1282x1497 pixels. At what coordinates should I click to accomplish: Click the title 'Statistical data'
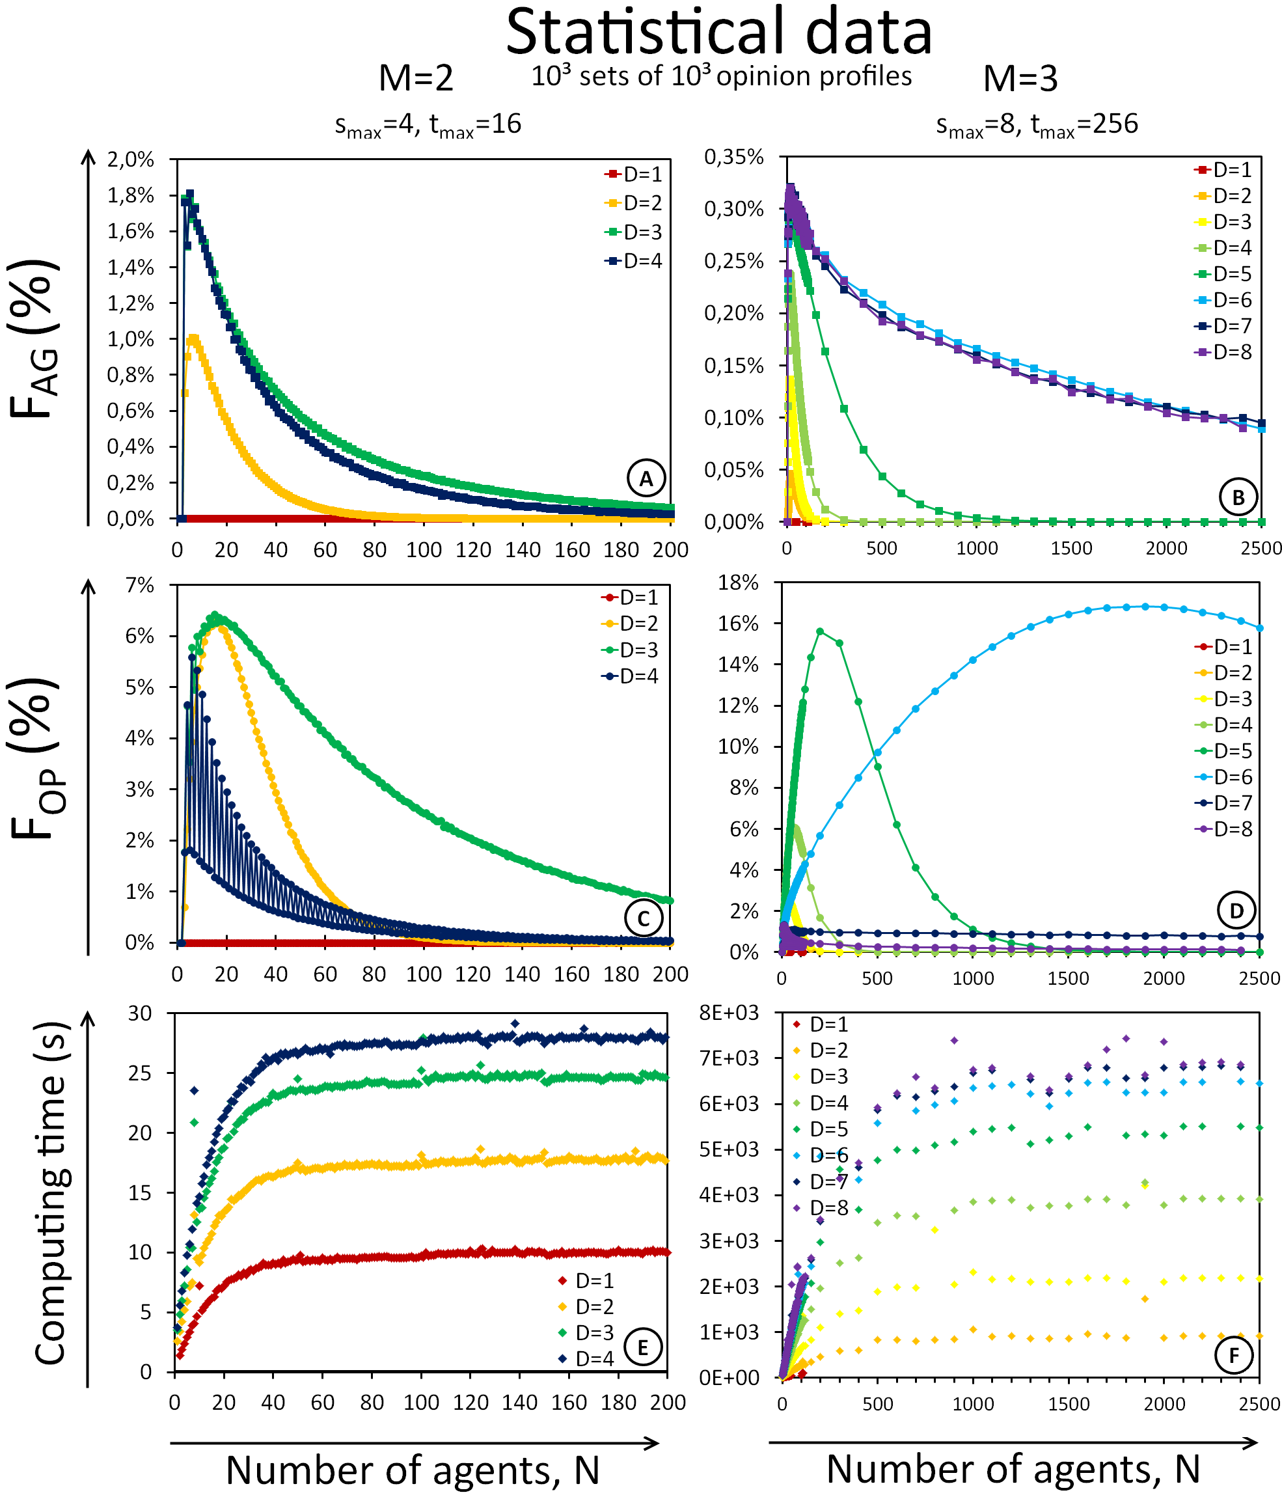tap(718, 33)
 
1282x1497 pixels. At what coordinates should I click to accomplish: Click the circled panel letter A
tap(646, 478)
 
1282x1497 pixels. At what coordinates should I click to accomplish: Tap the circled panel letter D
tap(1236, 911)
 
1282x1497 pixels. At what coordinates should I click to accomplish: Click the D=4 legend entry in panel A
tap(634, 262)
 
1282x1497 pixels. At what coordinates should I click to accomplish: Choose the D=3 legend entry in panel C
tap(631, 650)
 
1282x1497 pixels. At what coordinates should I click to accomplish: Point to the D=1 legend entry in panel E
tap(586, 1281)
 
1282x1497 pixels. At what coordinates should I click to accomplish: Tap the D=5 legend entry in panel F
tap(821, 1129)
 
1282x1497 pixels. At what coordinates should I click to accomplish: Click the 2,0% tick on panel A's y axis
tap(131, 159)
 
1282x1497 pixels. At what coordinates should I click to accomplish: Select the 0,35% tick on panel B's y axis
tap(734, 157)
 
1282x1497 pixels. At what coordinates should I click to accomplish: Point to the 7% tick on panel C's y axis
tap(139, 585)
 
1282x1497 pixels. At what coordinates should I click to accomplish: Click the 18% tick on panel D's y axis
tap(738, 583)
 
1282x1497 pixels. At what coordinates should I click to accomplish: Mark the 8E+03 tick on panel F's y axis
tap(729, 1013)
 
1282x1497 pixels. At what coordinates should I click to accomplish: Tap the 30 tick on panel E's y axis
tap(140, 1013)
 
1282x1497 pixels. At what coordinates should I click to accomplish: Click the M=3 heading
tap(1020, 79)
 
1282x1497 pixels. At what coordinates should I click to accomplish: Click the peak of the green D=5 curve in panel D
tap(820, 631)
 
